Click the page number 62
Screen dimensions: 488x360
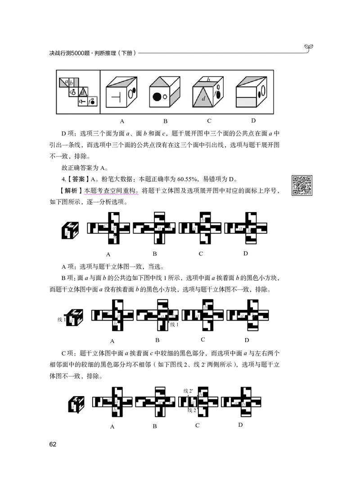(x=53, y=445)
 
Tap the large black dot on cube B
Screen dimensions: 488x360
(x=158, y=96)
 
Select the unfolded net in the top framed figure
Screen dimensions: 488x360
(x=77, y=92)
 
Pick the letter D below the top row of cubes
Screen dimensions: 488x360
(x=253, y=120)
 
